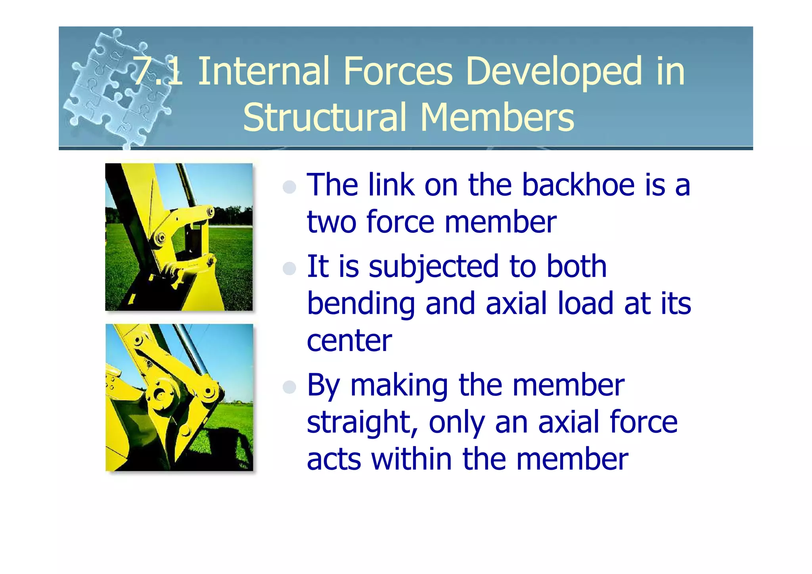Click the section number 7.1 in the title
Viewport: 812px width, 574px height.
[158, 71]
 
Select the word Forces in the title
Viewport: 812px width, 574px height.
[398, 71]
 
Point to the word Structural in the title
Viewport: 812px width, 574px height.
[325, 117]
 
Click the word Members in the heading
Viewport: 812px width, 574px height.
[497, 117]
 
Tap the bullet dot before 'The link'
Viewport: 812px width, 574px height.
[290, 186]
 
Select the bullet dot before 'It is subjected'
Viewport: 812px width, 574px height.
[290, 269]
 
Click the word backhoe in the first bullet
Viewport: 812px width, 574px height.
[577, 185]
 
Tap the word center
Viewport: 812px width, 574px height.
[349, 341]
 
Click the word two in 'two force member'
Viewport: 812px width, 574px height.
[331, 222]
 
